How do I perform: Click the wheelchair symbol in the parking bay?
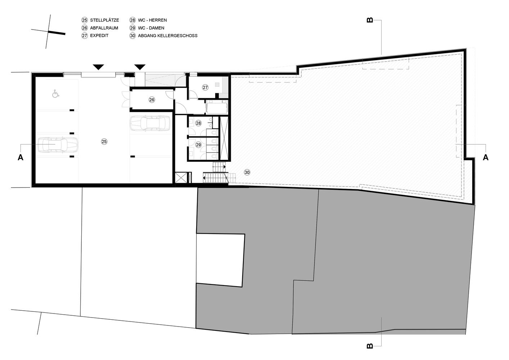click(55, 94)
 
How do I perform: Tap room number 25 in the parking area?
click(104, 141)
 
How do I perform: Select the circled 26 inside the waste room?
click(152, 100)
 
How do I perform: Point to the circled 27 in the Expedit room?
click(205, 87)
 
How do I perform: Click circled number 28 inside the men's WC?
click(198, 123)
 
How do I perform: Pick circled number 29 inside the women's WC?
click(198, 145)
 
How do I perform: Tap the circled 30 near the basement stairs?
click(247, 172)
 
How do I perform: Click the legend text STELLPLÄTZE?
click(104, 20)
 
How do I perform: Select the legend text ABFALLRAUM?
click(104, 28)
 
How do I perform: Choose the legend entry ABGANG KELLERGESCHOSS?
click(168, 36)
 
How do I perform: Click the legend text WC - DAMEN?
click(151, 28)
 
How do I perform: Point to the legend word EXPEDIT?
click(99, 36)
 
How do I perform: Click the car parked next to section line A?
click(58, 145)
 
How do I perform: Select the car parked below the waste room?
click(150, 123)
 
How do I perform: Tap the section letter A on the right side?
click(485, 157)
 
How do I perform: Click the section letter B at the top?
click(370, 20)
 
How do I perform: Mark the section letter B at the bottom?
click(370, 346)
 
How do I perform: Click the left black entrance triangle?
click(98, 67)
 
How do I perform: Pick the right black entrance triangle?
click(140, 67)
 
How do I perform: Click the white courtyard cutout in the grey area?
click(220, 260)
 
